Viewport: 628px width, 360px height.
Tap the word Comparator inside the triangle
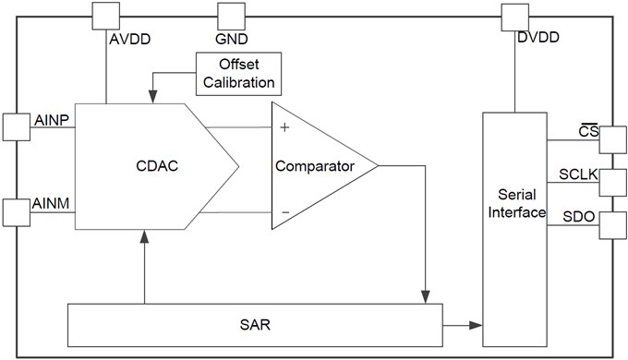[313, 167]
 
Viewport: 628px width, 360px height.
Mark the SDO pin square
[613, 224]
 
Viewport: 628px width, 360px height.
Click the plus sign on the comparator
[284, 127]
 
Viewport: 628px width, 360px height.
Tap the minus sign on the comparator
[284, 212]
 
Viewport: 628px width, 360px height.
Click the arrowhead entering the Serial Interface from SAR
[476, 325]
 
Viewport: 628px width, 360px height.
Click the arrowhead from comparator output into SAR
[425, 294]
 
